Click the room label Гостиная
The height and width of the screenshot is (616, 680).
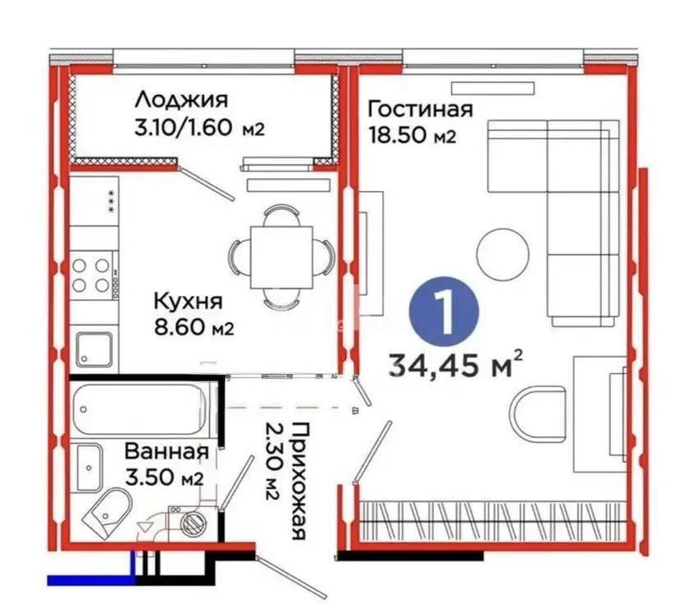(x=421, y=110)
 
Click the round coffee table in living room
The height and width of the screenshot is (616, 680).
(x=503, y=253)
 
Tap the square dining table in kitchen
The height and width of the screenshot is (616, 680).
(x=281, y=257)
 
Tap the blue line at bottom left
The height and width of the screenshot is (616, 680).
(x=90, y=580)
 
